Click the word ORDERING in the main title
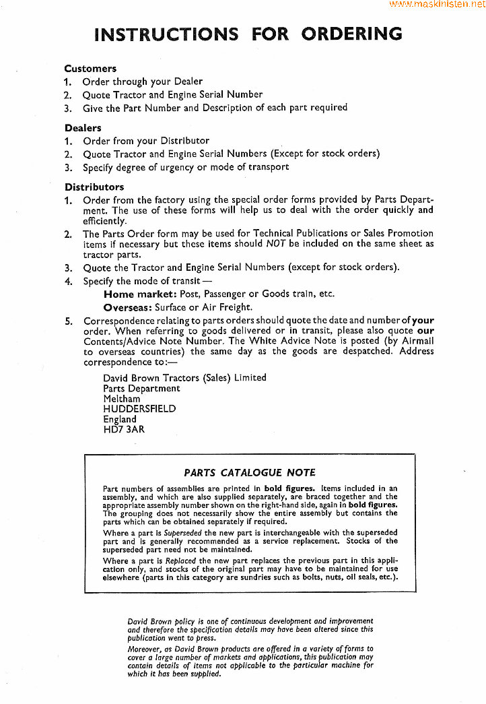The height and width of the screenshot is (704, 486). click(351, 34)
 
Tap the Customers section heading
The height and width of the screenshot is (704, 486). click(90, 69)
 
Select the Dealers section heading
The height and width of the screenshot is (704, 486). click(83, 128)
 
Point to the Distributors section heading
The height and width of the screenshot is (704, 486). click(95, 187)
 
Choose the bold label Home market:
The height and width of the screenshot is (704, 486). click(140, 294)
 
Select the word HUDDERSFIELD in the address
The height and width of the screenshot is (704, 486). click(139, 409)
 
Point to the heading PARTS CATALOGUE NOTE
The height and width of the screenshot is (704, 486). click(249, 473)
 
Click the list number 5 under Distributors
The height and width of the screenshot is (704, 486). click(68, 321)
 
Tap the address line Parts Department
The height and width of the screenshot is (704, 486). click(141, 389)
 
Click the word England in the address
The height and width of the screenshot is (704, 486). click(120, 419)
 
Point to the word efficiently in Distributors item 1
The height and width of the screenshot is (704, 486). click(104, 220)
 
